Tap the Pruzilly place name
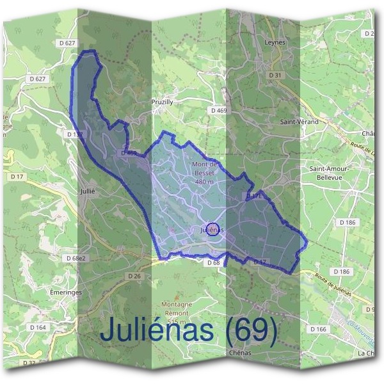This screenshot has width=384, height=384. pyautogui.click(x=162, y=102)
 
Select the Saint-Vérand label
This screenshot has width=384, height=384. pyautogui.click(x=299, y=121)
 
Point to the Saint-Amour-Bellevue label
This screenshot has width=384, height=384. pyautogui.click(x=328, y=173)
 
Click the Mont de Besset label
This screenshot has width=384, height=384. pyautogui.click(x=205, y=168)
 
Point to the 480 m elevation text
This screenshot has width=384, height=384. pyautogui.click(x=205, y=182)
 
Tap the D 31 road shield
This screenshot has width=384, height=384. pyautogui.click(x=275, y=76)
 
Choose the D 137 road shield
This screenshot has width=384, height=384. pyautogui.click(x=74, y=134)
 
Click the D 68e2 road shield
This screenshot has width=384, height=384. pyautogui.click(x=75, y=258)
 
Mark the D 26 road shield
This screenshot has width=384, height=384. pyautogui.click(x=134, y=276)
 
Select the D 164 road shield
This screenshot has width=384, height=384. pyautogui.click(x=38, y=328)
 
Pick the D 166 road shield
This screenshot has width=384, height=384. pyautogui.click(x=318, y=329)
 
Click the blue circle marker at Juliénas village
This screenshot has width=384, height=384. pyautogui.click(x=213, y=229)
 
